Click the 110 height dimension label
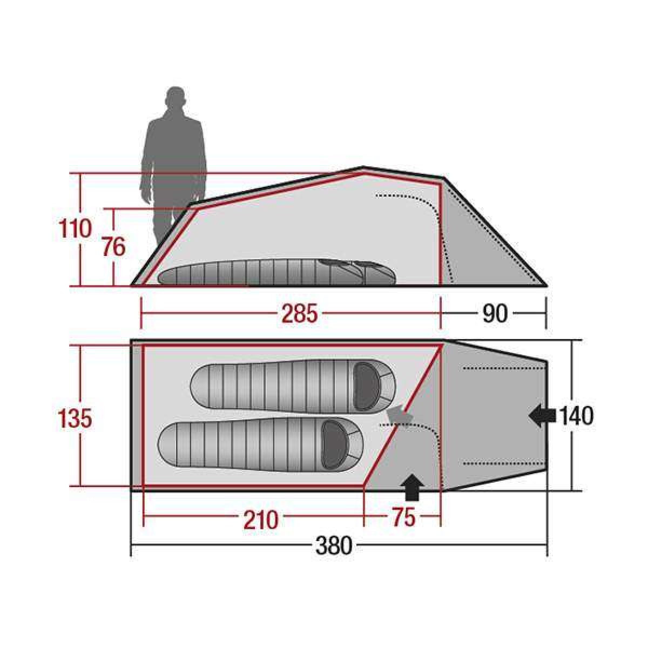coord(75,228)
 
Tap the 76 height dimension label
coord(113,246)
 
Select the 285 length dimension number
coord(299,313)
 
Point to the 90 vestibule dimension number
coord(495,313)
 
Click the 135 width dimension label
coord(75,418)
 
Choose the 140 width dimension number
coord(576,416)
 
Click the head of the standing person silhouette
coord(175,98)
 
